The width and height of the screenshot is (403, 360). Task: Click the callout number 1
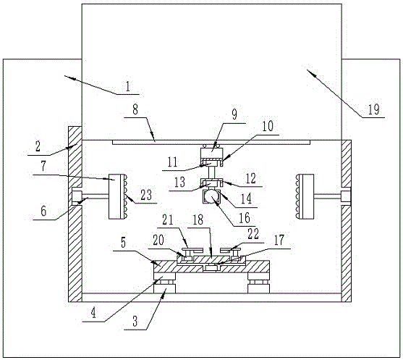point(128,86)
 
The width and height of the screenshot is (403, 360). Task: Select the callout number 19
point(373,109)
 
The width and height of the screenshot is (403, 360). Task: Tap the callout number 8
point(135,109)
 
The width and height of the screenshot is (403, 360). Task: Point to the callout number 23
point(146,195)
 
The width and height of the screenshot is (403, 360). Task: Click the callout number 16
point(245,218)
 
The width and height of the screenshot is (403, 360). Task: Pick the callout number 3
point(135,321)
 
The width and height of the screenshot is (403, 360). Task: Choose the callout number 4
point(93,313)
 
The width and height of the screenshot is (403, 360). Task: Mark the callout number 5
point(124,243)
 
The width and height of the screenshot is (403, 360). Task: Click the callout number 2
point(38,146)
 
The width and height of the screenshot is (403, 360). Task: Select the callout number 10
point(268,126)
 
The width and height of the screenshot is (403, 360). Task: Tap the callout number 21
point(168,219)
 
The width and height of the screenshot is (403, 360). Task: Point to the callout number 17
point(279,240)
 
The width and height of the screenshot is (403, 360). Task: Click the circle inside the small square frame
point(211,197)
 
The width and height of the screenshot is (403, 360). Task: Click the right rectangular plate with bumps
point(305,196)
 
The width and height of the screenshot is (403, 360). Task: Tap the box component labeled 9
point(211,154)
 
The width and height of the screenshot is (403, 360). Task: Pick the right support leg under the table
point(259,283)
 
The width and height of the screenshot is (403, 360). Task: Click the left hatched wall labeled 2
point(75,214)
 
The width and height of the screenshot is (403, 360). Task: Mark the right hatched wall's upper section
point(346,164)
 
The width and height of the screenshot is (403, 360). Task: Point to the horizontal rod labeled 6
point(95,196)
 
